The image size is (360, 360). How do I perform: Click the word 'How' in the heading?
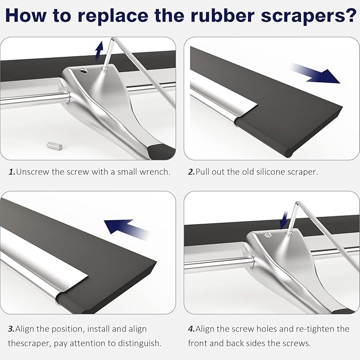(x=25, y=15)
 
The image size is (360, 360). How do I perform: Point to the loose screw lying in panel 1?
(x=55, y=146)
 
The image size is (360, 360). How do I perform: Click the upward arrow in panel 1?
(x=99, y=50)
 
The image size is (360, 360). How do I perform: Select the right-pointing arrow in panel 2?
(x=315, y=74)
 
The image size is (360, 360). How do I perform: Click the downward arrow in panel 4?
(x=284, y=220)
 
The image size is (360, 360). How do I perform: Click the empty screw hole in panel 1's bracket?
(x=84, y=71)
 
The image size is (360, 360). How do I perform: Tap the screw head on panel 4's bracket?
(x=267, y=234)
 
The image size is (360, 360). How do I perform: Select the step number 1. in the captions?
(x=12, y=172)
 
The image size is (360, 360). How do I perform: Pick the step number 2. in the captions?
(x=191, y=172)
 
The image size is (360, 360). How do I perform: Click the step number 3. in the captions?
(x=11, y=329)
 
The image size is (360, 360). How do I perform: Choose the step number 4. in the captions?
(x=191, y=329)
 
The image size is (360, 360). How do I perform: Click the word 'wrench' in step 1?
(x=155, y=172)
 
